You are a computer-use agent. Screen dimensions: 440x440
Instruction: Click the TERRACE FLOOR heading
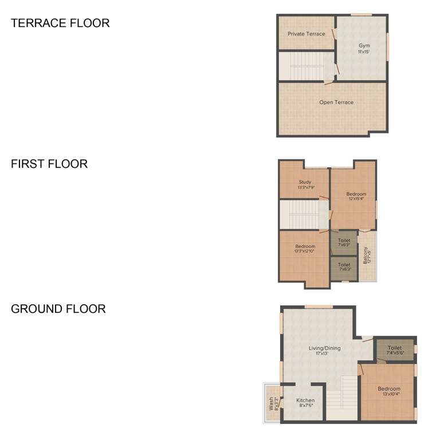pos(60,23)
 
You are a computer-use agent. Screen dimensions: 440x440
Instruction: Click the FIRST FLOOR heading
pos(49,164)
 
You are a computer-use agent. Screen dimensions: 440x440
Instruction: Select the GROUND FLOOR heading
pos(58,309)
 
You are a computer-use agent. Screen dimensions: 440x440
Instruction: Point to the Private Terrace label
pos(306,34)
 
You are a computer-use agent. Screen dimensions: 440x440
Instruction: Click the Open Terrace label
pos(336,103)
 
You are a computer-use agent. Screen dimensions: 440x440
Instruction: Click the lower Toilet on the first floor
pos(344,265)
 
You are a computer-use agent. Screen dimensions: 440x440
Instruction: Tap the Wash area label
pos(273,403)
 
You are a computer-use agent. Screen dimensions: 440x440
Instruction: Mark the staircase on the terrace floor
pos(305,66)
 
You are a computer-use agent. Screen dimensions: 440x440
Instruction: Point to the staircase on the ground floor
pos(341,398)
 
